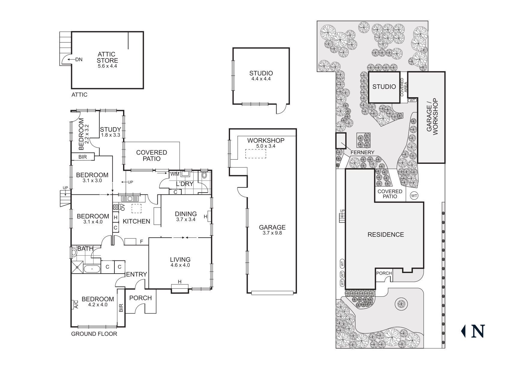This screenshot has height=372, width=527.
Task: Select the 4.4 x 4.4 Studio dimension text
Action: (261, 79)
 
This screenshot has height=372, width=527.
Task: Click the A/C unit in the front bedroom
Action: (76, 304)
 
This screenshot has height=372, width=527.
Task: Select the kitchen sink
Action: (130, 199)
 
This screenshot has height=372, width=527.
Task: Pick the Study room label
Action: (110, 130)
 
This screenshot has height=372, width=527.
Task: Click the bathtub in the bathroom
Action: (92, 269)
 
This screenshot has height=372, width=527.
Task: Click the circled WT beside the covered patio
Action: (414, 196)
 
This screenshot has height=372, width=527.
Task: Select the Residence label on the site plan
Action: (386, 235)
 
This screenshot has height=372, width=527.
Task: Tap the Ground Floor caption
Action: (94, 334)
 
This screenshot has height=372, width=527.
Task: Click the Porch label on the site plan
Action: (384, 273)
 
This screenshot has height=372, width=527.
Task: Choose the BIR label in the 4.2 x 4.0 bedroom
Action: (121, 308)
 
